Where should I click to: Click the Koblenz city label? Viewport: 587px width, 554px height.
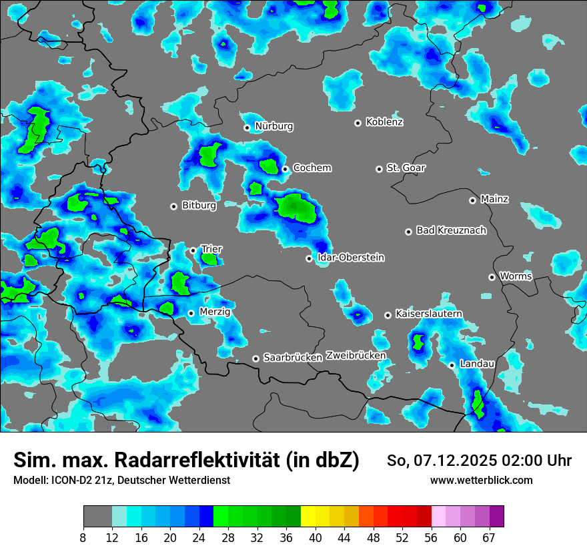[384, 122]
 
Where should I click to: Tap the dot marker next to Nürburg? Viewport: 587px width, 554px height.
[247, 127]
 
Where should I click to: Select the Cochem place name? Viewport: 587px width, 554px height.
[312, 168]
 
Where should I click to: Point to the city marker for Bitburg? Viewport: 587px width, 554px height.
[174, 206]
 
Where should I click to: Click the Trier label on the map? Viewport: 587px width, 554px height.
[211, 249]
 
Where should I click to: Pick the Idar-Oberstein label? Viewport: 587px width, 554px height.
[351, 258]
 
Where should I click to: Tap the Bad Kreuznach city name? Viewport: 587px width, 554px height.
[451, 231]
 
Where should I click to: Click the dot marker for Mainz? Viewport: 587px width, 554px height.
[472, 200]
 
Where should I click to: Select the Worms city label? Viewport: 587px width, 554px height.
[516, 276]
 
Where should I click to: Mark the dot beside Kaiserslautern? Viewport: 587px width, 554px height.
[388, 315]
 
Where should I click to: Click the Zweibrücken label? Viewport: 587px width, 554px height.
[356, 356]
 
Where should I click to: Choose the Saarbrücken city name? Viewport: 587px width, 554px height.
[293, 358]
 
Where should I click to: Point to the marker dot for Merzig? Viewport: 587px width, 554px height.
[191, 313]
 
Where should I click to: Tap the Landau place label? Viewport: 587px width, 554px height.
[477, 364]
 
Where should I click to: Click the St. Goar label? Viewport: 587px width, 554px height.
[406, 168]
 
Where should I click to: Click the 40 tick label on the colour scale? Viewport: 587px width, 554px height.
[315, 537]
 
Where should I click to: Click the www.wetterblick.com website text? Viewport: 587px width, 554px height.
[481, 480]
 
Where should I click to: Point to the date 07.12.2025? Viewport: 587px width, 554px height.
[446, 461]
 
